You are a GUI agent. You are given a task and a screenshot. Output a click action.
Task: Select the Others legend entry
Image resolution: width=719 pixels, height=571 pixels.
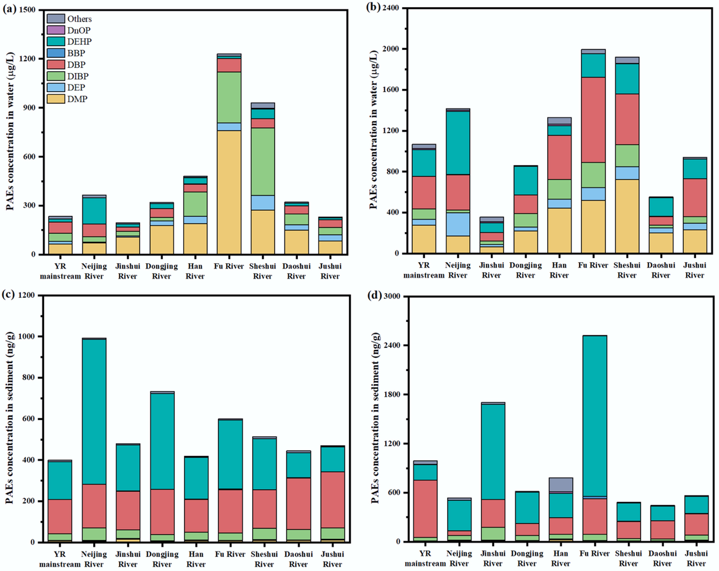(79, 19)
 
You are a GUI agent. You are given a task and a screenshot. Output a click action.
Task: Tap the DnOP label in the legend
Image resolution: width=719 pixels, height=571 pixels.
(79, 30)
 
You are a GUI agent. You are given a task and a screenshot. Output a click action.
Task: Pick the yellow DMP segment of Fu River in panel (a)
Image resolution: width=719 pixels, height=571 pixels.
(229, 192)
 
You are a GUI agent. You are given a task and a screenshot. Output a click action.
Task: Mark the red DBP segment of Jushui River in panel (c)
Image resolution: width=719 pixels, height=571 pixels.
(332, 500)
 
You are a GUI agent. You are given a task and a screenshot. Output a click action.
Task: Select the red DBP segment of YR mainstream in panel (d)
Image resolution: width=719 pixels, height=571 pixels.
(425, 508)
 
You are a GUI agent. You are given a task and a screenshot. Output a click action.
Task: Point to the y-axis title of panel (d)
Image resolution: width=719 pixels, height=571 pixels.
(375, 418)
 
